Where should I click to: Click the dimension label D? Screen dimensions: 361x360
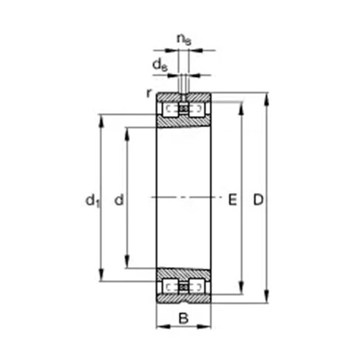pos(257,200)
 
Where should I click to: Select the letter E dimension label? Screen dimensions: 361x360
pos(232,200)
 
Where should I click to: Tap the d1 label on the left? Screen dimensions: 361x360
pos(92,200)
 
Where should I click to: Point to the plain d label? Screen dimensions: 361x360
pos(118,200)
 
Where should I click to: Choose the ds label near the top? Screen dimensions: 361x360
pos(158,64)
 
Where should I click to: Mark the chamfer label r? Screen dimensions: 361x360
pos(150,93)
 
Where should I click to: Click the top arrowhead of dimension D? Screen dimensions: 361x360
pos(267,97)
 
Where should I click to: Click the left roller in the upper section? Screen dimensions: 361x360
pos(171,109)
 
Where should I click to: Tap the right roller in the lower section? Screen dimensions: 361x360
pos(196,286)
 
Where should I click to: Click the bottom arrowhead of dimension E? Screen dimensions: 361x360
pos(241,290)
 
